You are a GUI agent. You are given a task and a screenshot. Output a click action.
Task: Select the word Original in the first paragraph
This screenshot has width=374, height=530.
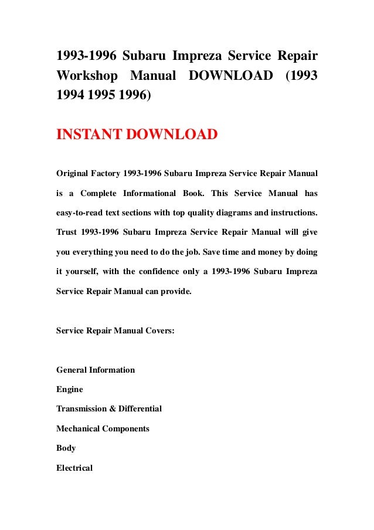pyautogui.click(x=73, y=174)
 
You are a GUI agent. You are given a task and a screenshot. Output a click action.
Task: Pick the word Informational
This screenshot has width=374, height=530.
pyautogui.click(x=149, y=193)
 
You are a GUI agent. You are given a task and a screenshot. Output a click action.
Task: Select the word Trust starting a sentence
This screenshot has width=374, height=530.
pyautogui.click(x=67, y=232)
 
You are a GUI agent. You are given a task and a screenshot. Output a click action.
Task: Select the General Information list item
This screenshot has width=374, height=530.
pyautogui.click(x=96, y=370)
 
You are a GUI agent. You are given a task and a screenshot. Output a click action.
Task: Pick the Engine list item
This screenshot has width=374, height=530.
pyautogui.click(x=70, y=389)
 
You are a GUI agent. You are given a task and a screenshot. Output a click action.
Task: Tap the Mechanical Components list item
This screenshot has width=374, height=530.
pyautogui.click(x=103, y=428)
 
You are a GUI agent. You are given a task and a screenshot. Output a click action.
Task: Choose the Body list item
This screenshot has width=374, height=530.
pyautogui.click(x=66, y=448)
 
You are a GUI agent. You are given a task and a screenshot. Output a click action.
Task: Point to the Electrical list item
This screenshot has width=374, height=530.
pyautogui.click(x=74, y=468)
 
